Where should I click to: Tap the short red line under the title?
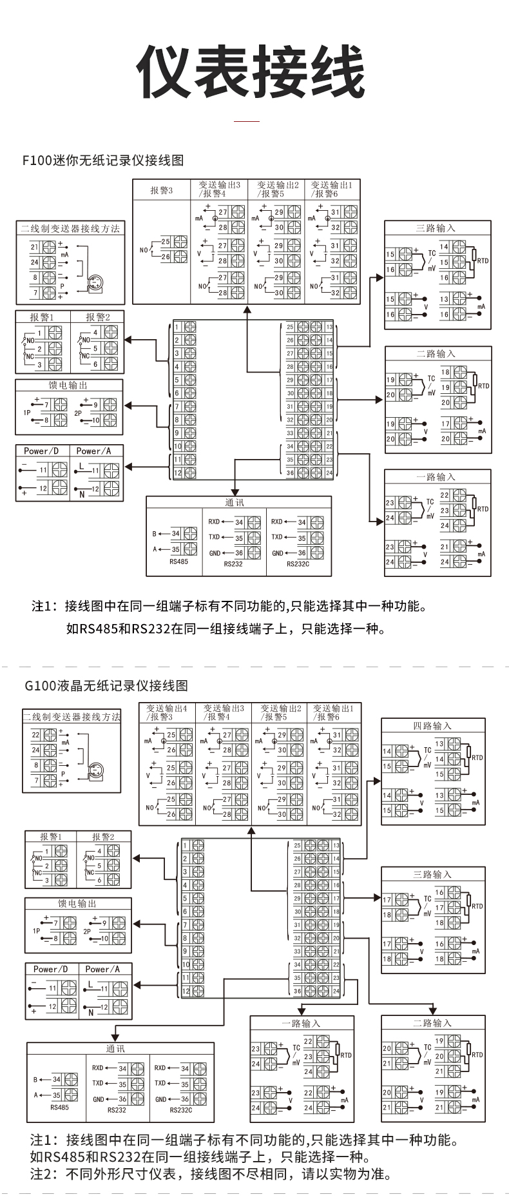coord(246,121)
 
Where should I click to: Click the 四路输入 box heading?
coord(432,726)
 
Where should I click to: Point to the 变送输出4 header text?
coord(166,708)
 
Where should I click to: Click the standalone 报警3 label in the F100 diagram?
coord(162,190)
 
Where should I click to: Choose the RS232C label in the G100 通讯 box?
coord(181,1110)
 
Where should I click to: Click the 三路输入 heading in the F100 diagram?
coord(436,228)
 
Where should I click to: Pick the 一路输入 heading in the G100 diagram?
coord(301,1024)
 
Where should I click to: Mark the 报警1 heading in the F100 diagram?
coord(42,317)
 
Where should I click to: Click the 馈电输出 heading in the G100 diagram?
coord(77,904)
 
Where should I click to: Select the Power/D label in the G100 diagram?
coord(50,969)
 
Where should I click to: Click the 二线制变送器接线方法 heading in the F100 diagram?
coord(70,228)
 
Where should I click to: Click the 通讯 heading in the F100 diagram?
coord(235,503)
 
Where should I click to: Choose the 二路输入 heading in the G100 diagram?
coord(432,1023)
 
